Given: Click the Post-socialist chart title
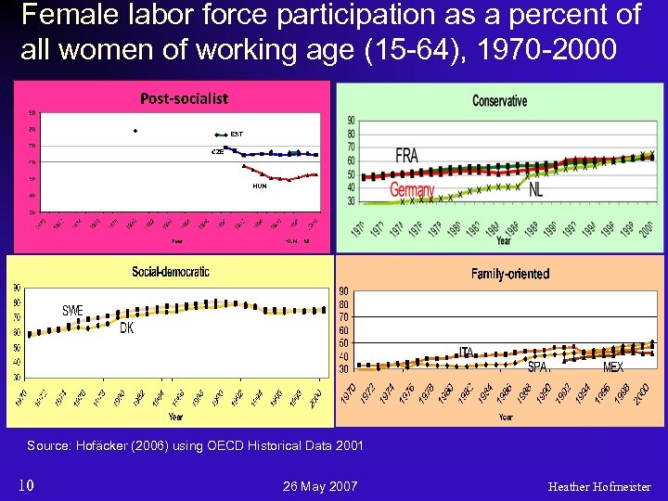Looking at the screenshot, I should coord(184,97).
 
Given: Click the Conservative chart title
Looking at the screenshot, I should coord(499,100).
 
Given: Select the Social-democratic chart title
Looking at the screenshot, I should coord(171,272).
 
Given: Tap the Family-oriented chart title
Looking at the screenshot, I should coord(509,274).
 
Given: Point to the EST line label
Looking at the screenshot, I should coord(237,135).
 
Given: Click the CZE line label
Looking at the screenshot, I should coord(217,151).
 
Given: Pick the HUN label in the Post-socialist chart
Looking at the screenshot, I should coord(260,186).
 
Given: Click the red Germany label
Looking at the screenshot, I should coord(412,189).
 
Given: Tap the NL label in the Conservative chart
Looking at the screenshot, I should coord(536,189).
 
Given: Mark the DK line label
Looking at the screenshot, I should coord(127,328).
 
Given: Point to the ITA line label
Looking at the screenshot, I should coord(466,352).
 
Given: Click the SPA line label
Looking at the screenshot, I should coord(538,366).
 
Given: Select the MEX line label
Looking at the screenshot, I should coord(613,367).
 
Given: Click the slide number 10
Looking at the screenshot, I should coord(27,485).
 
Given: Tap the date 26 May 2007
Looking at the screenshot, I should coord(318,486).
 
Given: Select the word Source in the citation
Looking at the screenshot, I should coord(46,446).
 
